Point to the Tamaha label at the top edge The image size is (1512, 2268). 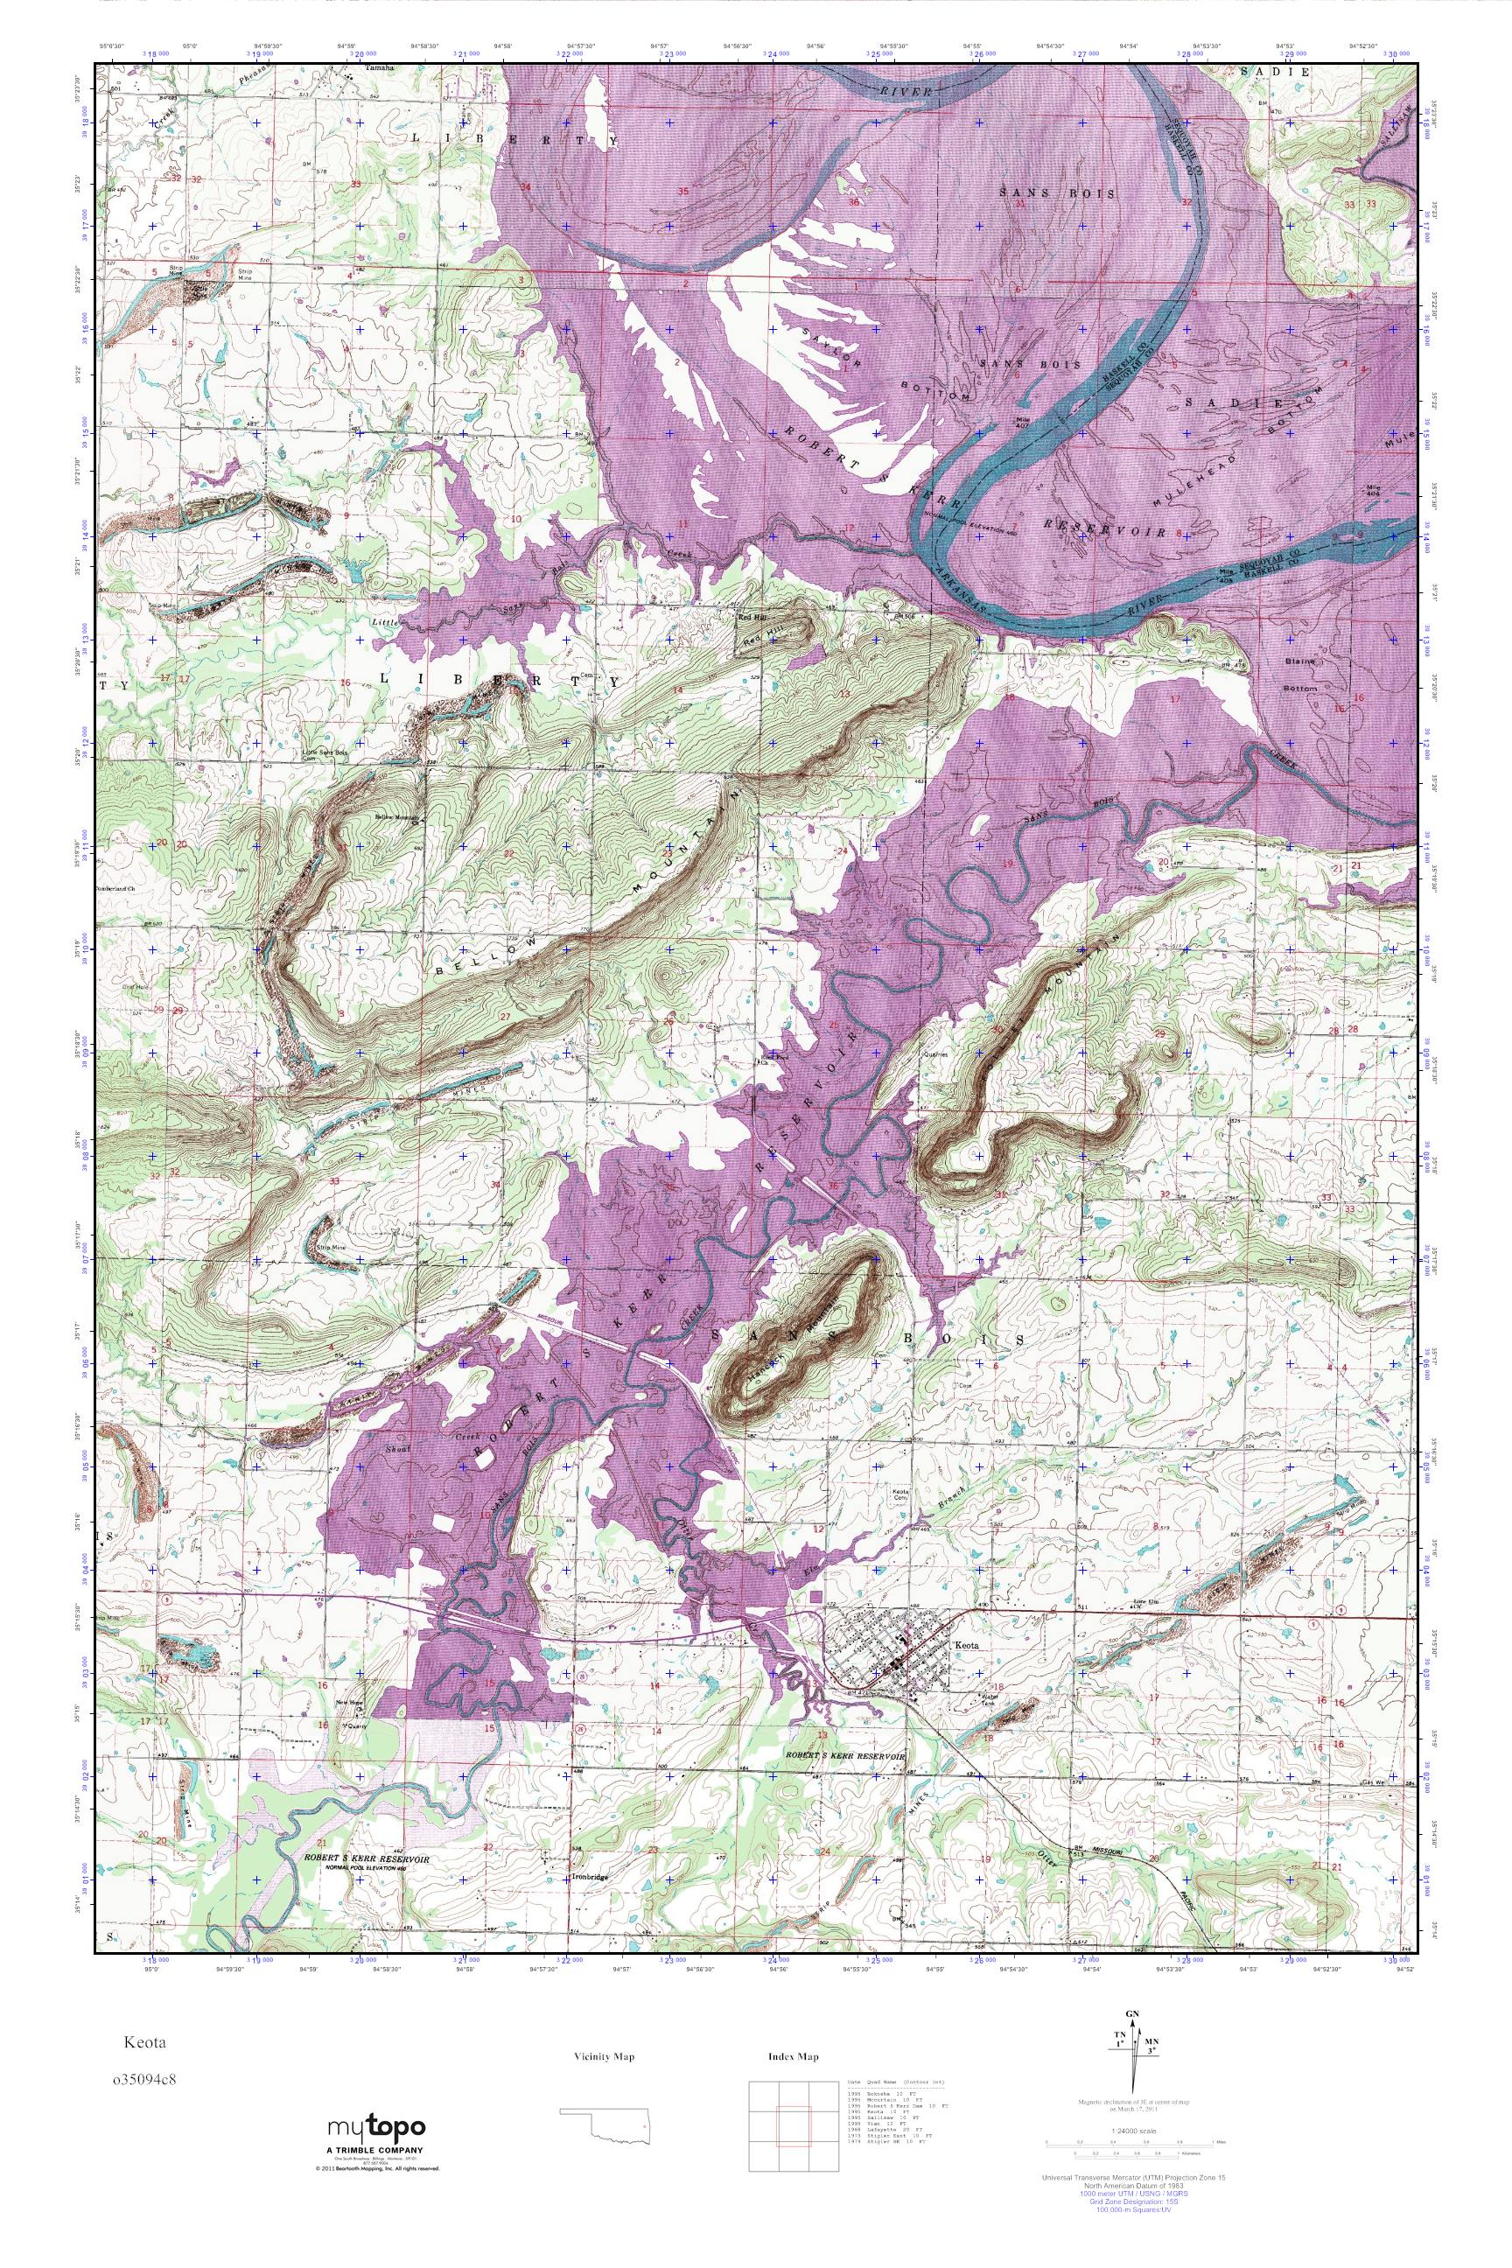point(379,68)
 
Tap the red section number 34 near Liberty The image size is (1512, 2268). point(526,186)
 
